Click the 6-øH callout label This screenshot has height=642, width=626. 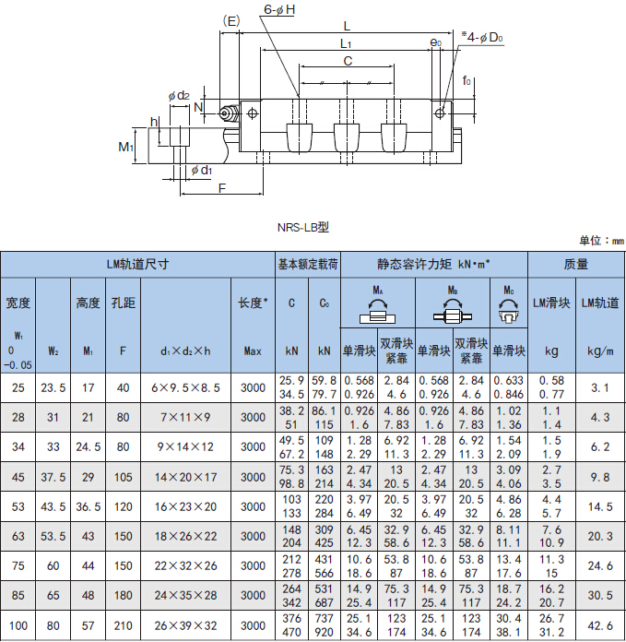click(x=279, y=9)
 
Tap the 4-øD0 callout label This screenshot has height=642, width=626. click(x=482, y=37)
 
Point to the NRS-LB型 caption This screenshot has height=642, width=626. click(x=303, y=227)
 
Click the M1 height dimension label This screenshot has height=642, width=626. click(x=125, y=147)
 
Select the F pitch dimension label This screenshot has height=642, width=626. click(x=222, y=188)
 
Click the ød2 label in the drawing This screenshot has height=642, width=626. click(x=179, y=96)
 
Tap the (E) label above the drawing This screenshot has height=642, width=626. click(x=231, y=21)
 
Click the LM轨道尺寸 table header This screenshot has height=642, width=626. click(x=137, y=264)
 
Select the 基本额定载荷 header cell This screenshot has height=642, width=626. click(x=308, y=264)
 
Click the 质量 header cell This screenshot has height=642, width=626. click(x=575, y=264)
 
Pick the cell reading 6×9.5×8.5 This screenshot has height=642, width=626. click(x=185, y=387)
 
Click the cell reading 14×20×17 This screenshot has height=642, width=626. click(x=185, y=477)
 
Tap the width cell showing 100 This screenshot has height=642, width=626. click(x=18, y=625)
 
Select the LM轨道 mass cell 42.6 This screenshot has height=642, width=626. click(x=600, y=625)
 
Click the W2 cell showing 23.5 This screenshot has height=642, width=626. click(x=53, y=387)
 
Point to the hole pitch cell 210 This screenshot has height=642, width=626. click(x=123, y=625)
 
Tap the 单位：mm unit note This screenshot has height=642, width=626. click(x=601, y=241)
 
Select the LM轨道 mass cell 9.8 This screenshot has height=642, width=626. click(x=600, y=477)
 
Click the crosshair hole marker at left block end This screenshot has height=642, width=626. click(x=253, y=113)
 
